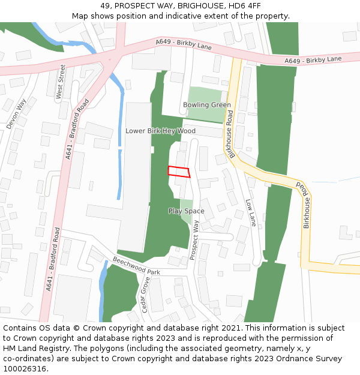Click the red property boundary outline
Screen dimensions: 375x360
click(x=179, y=172)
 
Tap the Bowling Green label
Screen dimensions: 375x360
click(x=206, y=105)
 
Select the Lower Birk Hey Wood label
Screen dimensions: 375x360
click(x=160, y=131)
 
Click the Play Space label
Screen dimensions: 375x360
click(x=186, y=211)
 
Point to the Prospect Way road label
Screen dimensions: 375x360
click(x=194, y=239)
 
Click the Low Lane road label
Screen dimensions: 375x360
click(x=251, y=212)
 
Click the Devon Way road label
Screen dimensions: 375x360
click(x=17, y=113)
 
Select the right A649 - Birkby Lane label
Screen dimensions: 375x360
click(x=313, y=60)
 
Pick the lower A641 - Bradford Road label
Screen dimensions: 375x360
click(x=53, y=259)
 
